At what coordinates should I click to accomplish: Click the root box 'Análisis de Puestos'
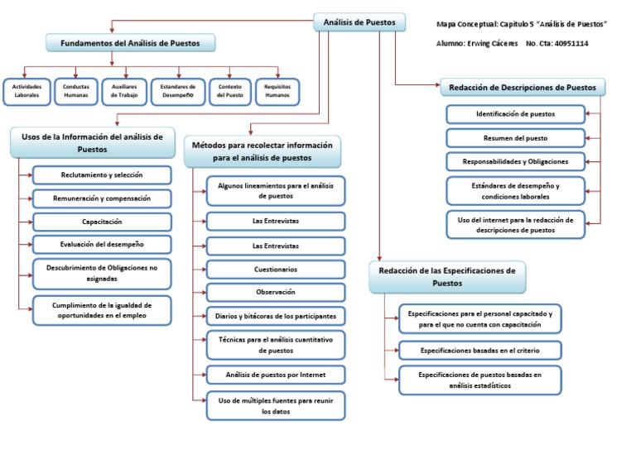point(359,22)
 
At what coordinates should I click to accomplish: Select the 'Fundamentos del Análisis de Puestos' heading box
point(130,43)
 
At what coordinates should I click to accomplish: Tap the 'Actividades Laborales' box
point(26,92)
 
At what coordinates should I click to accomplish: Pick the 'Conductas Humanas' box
point(76,92)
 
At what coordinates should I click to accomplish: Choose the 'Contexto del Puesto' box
point(230,92)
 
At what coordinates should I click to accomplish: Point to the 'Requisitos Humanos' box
point(277,92)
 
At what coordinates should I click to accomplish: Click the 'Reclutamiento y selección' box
point(102,175)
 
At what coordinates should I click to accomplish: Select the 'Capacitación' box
point(102,222)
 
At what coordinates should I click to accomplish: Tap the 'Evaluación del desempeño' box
point(102,245)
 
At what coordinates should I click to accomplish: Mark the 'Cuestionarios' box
point(276,270)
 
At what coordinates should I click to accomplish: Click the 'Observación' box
point(276,293)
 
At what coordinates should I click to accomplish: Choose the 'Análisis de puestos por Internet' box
point(276,375)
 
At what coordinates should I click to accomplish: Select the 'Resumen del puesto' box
point(516,138)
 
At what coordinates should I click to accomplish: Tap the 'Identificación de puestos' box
point(516,114)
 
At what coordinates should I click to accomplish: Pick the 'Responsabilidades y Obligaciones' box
point(516,161)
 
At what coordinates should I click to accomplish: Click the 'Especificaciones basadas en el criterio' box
point(480,351)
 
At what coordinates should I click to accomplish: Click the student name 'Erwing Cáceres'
point(493,43)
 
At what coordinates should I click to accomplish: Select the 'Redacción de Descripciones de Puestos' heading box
point(523,88)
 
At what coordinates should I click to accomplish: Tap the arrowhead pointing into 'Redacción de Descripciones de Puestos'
point(437,84)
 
